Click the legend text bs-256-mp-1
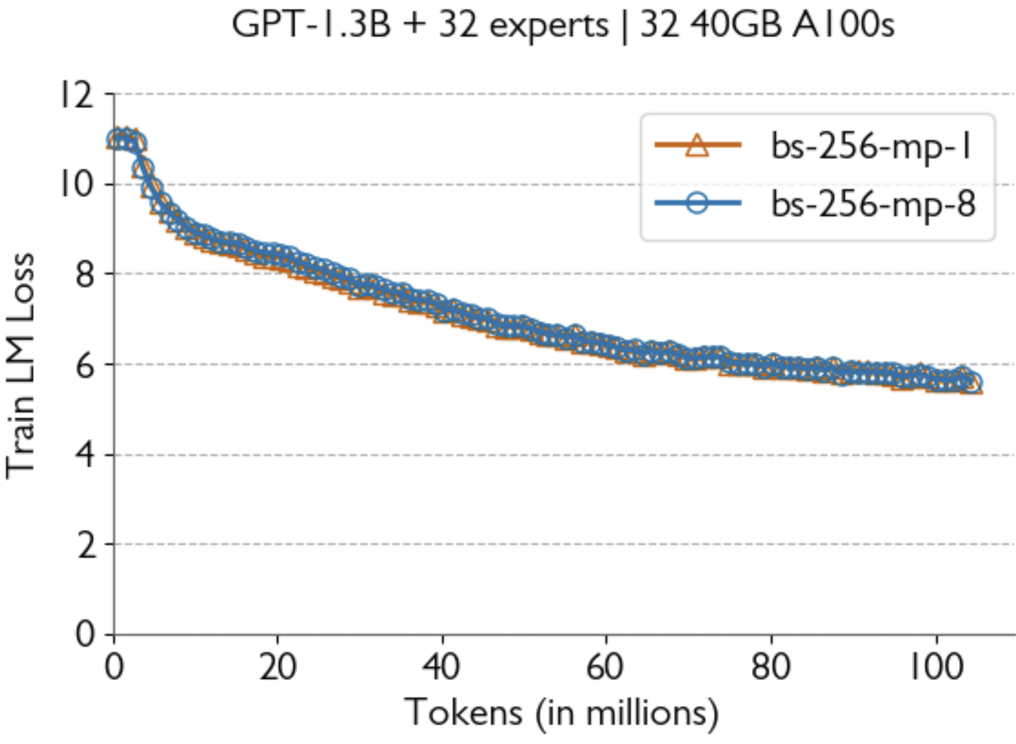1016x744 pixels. pyautogui.click(x=871, y=146)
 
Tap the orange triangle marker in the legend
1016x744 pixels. pyautogui.click(x=697, y=145)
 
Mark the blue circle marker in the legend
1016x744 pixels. pyautogui.click(x=697, y=203)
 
